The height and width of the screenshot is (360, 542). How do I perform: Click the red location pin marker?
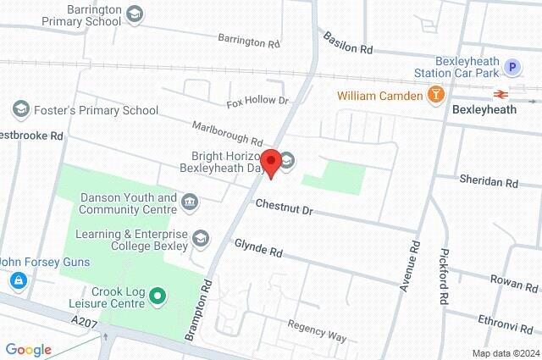tap(271, 162)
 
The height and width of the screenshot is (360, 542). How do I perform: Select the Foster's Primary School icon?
tap(20, 109)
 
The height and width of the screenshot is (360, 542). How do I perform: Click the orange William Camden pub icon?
tap(436, 95)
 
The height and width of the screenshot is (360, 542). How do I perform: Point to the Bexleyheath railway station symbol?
tap(502, 94)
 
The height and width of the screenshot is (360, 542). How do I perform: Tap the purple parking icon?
tap(512, 67)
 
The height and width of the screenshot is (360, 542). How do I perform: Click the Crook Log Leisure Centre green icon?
tap(157, 296)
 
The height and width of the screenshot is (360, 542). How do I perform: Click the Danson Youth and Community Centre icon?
tap(189, 202)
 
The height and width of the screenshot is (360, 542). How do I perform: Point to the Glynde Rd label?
tap(258, 250)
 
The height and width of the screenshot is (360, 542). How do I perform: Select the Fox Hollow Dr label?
tap(257, 101)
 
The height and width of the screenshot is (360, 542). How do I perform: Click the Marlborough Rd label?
tap(227, 132)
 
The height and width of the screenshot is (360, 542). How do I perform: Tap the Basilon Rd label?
tap(347, 44)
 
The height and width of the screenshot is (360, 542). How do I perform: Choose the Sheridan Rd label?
tap(488, 181)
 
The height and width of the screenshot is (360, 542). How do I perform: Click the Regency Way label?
tap(317, 331)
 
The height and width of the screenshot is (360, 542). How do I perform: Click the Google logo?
tap(28, 350)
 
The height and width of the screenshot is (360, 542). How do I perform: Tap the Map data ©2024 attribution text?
tap(505, 353)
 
